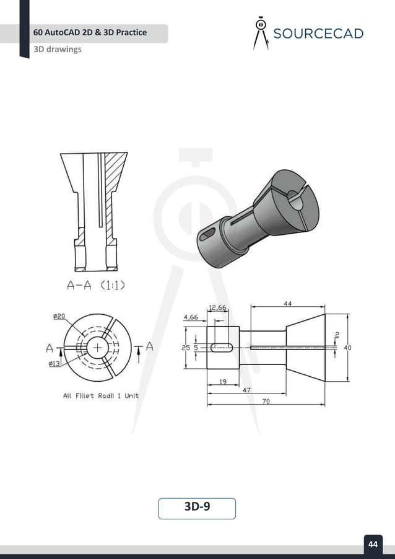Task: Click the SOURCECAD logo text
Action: tap(318, 33)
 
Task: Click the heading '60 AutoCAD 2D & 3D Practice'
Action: tap(90, 32)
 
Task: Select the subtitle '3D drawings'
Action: tap(58, 49)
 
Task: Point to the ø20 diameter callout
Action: tap(59, 316)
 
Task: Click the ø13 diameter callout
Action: tap(54, 364)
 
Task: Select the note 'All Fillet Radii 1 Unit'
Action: tap(101, 395)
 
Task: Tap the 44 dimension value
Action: tap(288, 304)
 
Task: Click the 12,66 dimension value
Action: tap(218, 307)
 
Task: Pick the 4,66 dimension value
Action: tap(191, 317)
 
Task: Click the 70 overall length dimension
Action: tap(266, 402)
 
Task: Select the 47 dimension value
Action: tap(246, 391)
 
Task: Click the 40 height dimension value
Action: tap(347, 348)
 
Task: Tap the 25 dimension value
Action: tap(186, 348)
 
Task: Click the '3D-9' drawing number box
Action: tap(197, 508)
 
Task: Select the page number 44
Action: tap(373, 544)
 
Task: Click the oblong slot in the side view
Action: tap(222, 348)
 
